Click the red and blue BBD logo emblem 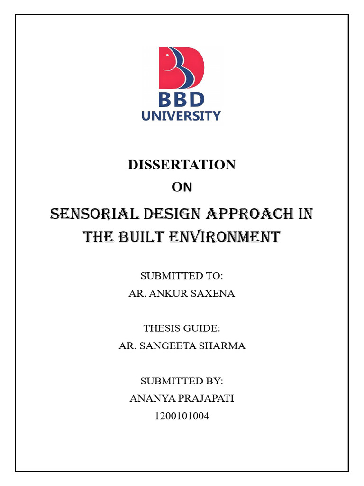pos(182,67)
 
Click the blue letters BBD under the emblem pos(182,100)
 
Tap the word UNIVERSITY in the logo pos(182,115)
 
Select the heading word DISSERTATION pos(182,165)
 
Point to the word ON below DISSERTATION pos(182,187)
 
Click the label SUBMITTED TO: pos(182,276)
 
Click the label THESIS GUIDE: pos(182,328)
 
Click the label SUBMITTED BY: pos(182,381)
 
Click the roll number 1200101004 pos(182,416)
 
